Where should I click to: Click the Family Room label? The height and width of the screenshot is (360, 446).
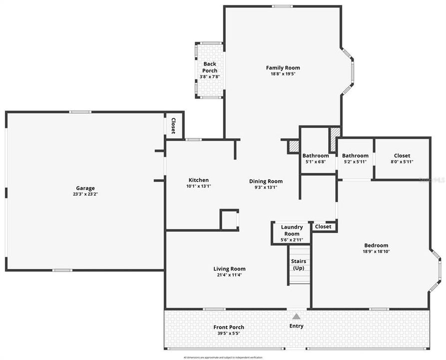coord(283,68)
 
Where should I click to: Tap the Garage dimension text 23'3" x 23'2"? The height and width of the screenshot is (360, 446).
coord(85,194)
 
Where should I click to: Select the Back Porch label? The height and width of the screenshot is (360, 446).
coord(209,67)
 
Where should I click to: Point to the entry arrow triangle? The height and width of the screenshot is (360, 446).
coord(296,316)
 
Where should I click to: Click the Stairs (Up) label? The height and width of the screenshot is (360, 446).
coord(298,264)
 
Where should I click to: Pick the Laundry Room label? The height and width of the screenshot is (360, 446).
coord(292,230)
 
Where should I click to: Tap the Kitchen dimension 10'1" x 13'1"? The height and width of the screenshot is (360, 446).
coord(198,186)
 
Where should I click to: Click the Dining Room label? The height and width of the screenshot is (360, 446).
coord(266,181)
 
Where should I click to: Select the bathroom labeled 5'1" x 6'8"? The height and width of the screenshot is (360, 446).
coord(315,158)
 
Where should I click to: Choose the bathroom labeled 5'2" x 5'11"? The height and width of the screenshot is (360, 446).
coord(355,158)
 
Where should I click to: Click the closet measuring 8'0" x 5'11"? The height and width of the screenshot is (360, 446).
coord(402,158)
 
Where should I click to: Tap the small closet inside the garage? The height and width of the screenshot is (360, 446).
coord(173,125)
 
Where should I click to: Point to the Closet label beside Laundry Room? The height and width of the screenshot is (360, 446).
coord(323,226)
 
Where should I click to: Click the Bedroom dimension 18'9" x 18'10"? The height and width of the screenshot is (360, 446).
coord(376,251)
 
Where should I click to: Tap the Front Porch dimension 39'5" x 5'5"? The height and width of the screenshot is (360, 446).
coord(230,333)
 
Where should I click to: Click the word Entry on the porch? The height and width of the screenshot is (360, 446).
coord(296,326)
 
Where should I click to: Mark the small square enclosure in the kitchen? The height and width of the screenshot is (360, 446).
coord(229,219)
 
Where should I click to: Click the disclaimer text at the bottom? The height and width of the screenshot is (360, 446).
coord(223,357)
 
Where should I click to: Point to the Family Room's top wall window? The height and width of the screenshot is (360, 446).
coord(282,6)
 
